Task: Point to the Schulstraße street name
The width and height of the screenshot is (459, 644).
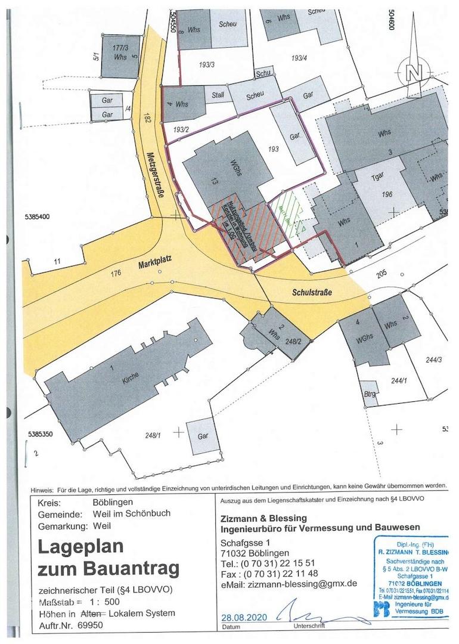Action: point(312,292)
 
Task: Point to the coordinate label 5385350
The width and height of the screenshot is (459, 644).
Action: point(41,434)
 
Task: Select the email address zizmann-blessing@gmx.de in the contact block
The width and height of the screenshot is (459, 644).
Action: point(304,584)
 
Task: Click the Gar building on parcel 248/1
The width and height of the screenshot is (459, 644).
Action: point(203,436)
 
